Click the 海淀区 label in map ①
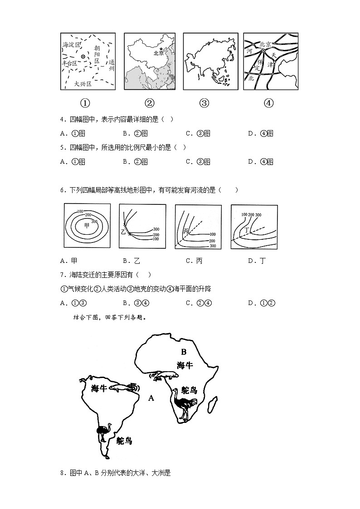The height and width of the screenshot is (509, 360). tap(72, 45)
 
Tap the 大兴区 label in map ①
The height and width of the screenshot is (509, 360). tap(83, 83)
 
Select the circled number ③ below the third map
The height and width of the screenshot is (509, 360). tap(204, 103)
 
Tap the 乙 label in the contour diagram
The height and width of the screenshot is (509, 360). tap(123, 232)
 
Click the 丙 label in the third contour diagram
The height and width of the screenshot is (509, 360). tap(185, 232)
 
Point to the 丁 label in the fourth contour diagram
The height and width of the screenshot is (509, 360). tap(247, 230)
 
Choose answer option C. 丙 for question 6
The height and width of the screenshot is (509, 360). tap(194, 261)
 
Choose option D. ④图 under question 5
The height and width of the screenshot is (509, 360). tap(261, 162)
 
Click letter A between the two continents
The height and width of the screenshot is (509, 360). tap(151, 398)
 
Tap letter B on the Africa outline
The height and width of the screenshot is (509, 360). tap(184, 352)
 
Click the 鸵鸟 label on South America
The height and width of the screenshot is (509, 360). tap(124, 440)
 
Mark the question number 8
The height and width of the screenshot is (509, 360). tap(62, 473)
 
